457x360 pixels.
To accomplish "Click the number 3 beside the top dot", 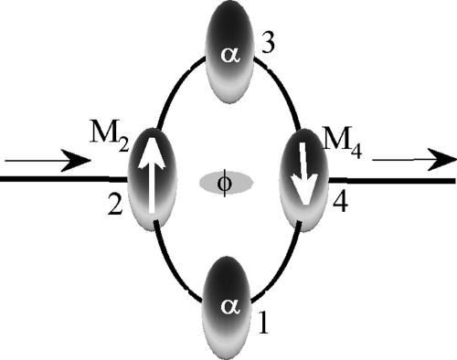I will [268, 43].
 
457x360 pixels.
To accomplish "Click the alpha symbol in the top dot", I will [228, 55].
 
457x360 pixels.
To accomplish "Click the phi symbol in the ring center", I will [227, 182].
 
